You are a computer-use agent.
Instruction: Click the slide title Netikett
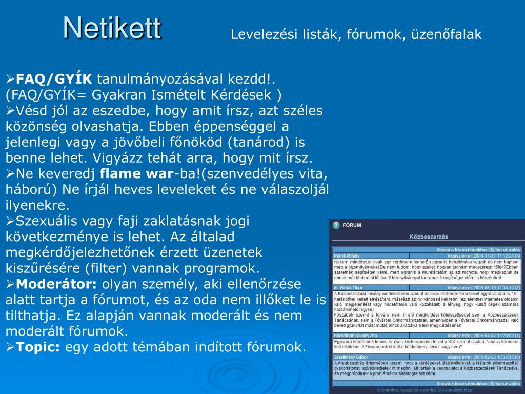[112, 28]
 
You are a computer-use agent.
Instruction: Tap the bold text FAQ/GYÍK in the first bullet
[54, 80]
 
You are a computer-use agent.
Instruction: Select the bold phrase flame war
[137, 173]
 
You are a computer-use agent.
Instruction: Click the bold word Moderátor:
[56, 284]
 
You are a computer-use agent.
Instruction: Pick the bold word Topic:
[38, 347]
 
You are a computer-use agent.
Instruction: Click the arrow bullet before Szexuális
[10, 221]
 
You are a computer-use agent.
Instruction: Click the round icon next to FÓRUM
[336, 225]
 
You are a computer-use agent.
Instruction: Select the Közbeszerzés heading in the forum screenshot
[428, 237]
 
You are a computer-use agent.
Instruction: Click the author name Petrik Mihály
[347, 255]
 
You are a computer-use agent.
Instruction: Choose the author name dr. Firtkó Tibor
[349, 288]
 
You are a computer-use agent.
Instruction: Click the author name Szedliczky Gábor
[351, 357]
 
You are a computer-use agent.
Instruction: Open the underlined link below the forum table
[425, 390]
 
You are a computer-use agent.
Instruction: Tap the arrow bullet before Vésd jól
[10, 111]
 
